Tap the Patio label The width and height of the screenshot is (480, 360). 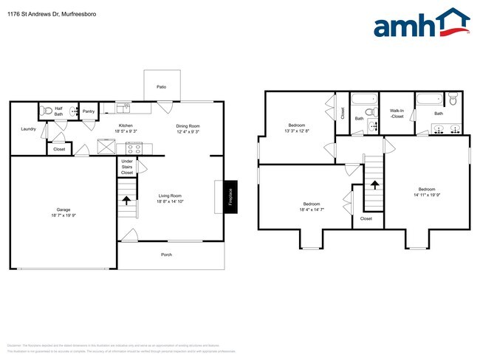(161, 87)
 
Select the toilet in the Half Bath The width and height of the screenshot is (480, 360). (47, 111)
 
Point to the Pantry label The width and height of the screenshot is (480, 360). (89, 111)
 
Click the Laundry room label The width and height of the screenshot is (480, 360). (29, 129)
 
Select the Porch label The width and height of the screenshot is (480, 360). (167, 255)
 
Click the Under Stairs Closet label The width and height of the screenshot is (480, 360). (127, 167)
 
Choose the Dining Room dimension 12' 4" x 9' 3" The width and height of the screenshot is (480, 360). (188, 131)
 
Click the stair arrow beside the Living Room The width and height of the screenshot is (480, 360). (127, 198)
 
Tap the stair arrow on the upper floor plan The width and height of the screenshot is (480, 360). (374, 185)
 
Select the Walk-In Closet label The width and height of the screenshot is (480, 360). (397, 114)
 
